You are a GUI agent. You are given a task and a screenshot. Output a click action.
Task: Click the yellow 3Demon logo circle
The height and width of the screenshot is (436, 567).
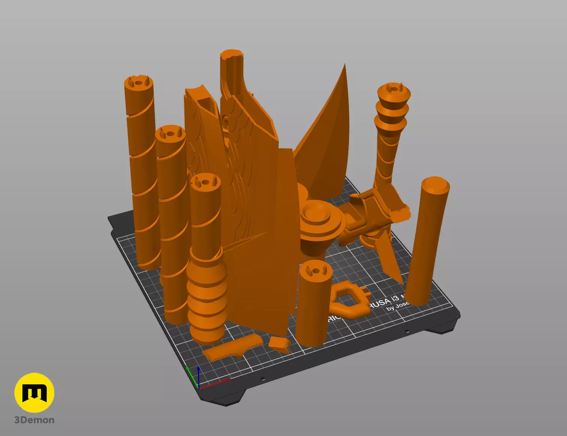point(34,393)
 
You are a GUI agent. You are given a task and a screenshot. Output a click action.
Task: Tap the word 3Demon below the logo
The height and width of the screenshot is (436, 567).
point(34,420)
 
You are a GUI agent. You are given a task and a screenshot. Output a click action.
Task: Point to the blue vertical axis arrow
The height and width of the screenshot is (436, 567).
point(198,375)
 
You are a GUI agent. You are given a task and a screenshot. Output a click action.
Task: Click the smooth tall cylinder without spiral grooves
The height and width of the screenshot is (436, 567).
point(427,240)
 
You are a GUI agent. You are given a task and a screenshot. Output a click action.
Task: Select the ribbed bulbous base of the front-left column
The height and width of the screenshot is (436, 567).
point(207,296)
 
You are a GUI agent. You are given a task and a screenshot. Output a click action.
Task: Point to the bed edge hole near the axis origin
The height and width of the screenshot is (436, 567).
point(263,379)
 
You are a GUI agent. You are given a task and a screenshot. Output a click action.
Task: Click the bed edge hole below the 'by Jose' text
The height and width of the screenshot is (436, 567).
point(407,331)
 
